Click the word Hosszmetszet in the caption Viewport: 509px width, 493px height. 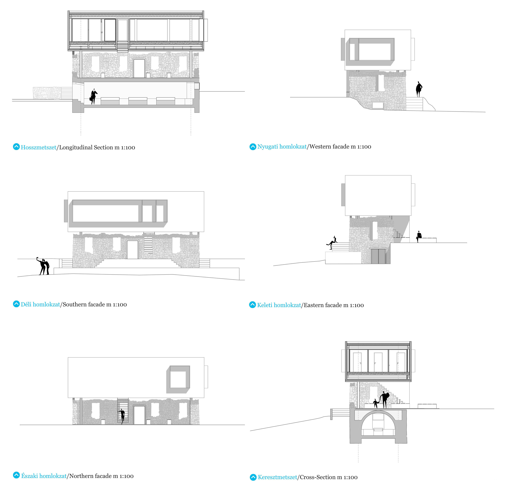click(x=38, y=147)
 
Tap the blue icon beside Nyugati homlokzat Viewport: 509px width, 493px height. click(x=253, y=147)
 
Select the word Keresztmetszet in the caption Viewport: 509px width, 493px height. click(x=277, y=477)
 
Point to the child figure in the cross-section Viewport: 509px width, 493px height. click(x=376, y=403)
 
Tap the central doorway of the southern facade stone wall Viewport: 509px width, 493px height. click(x=132, y=249)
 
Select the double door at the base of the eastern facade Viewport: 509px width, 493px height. click(x=378, y=256)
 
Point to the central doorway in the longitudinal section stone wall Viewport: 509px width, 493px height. click(x=139, y=68)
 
